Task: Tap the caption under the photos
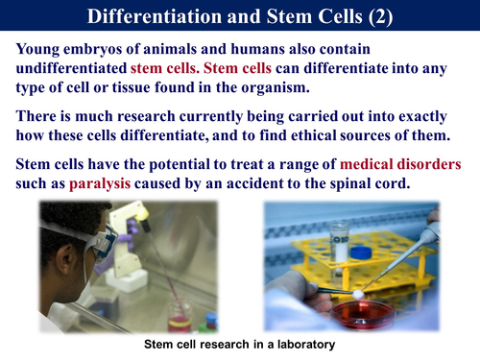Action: click(x=240, y=343)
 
